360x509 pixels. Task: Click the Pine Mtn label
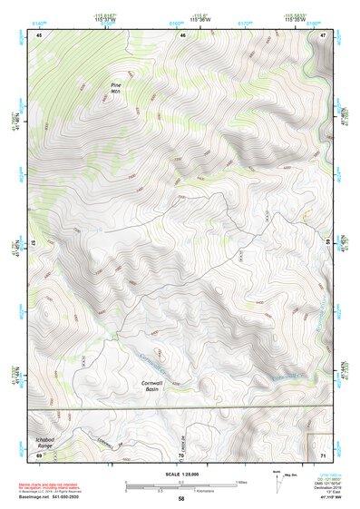pyautogui.click(x=115, y=88)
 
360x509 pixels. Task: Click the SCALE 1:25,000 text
pyautogui.click(x=181, y=475)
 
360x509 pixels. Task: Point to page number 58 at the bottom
pyautogui.click(x=181, y=498)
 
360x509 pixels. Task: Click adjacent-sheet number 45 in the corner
pyautogui.click(x=39, y=34)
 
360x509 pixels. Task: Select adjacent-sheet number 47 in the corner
pyautogui.click(x=324, y=34)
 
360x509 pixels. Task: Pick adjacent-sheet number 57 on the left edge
pyautogui.click(x=34, y=243)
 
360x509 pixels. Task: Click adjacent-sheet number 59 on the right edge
pyautogui.click(x=328, y=243)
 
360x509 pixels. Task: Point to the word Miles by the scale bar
pyautogui.click(x=241, y=482)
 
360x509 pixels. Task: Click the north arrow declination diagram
pyautogui.click(x=278, y=481)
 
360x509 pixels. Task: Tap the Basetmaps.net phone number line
pyautogui.click(x=50, y=496)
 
